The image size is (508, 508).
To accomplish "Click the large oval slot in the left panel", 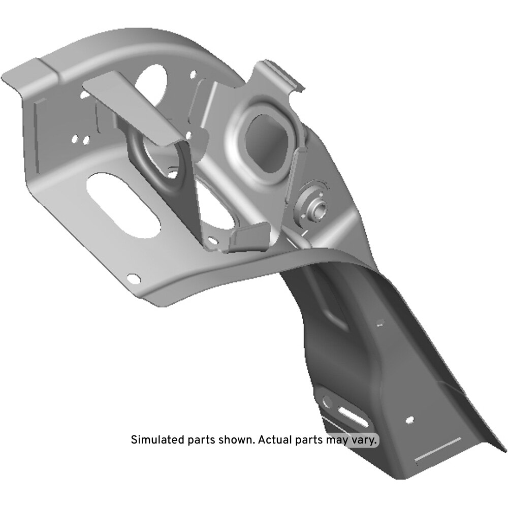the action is point(123,204).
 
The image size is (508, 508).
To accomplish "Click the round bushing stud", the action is point(313,206).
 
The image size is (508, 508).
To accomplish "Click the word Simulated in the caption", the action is point(158,440).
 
